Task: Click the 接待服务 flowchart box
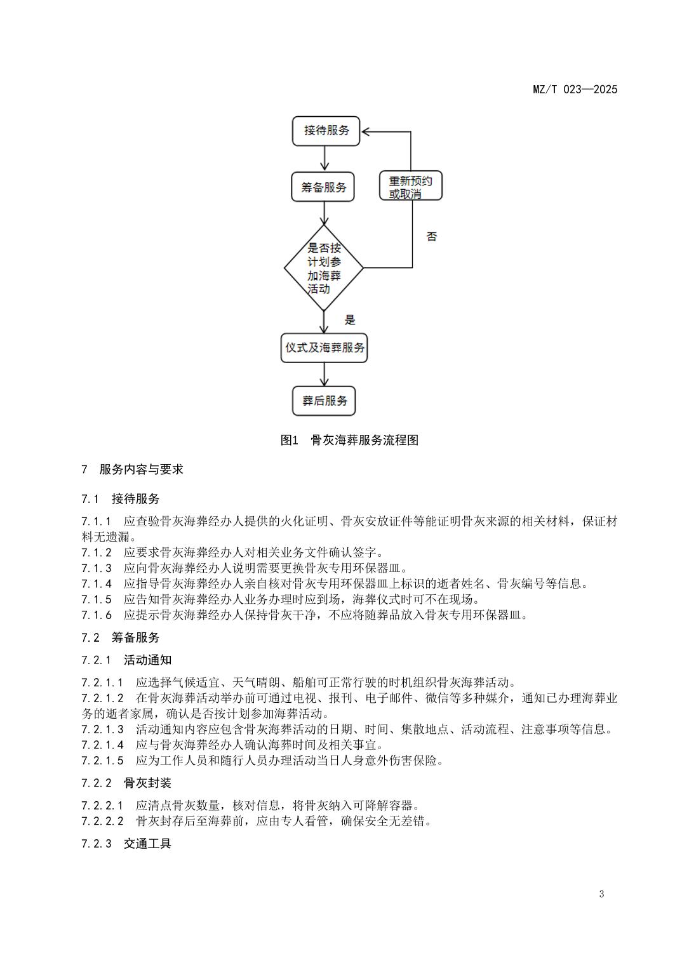pos(326,131)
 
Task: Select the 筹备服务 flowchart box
pos(323,187)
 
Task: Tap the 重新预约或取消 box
pos(410,187)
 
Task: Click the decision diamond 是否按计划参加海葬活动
pos(324,268)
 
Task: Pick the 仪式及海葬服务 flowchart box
pos(324,348)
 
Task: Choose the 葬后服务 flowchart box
pos(324,401)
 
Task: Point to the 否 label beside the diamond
pos(432,237)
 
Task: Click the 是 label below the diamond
pos(350,319)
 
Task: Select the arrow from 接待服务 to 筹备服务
pos(324,159)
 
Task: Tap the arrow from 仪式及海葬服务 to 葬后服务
pos(324,375)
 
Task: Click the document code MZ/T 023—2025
pos(575,90)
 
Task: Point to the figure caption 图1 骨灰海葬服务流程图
pos(349,440)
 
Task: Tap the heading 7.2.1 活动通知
pos(126,660)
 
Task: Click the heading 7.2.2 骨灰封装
pos(126,783)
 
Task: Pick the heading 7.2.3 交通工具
pos(126,844)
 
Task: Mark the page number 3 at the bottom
pos(601,895)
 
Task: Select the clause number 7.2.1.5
pos(103,760)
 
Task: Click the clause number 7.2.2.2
pos(103,821)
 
